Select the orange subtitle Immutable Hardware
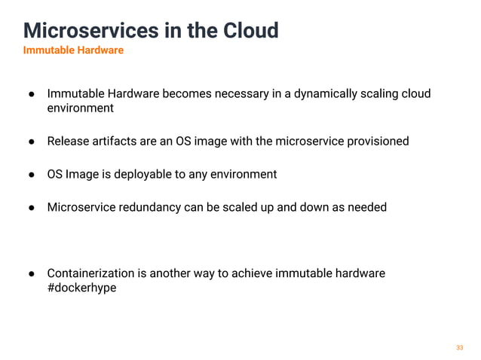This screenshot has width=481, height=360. (x=73, y=50)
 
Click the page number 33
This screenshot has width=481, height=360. (x=459, y=347)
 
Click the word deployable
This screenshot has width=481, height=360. (x=139, y=174)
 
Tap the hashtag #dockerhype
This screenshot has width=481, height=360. (x=81, y=288)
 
